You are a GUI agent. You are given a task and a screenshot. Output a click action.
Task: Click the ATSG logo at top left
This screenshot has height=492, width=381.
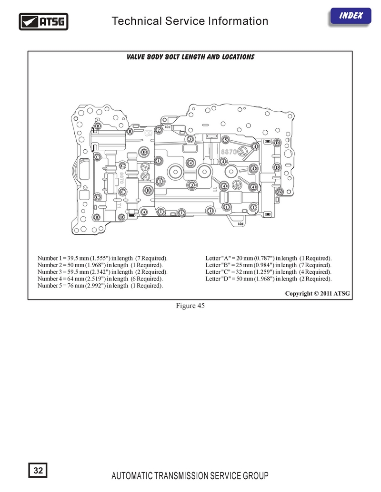tap(43, 22)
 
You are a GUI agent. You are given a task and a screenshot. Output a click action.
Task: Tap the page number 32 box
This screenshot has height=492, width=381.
tap(38, 470)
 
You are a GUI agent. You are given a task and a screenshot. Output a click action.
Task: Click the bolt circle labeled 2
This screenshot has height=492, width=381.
tap(159, 130)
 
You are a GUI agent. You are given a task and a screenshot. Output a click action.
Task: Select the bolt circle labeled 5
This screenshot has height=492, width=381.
tap(225, 140)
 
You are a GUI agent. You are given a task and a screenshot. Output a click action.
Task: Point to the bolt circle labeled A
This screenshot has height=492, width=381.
tap(144, 212)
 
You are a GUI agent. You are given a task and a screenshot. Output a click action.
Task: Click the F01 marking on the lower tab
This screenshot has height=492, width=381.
tap(241, 224)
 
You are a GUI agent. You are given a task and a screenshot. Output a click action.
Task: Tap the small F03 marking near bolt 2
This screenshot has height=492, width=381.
tap(167, 127)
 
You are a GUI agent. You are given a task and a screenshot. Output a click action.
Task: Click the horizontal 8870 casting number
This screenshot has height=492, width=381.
tap(229, 152)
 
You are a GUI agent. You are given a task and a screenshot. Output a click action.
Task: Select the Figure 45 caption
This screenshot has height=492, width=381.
tap(190, 306)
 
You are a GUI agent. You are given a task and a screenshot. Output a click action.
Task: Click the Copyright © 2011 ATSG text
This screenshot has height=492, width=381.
tap(317, 294)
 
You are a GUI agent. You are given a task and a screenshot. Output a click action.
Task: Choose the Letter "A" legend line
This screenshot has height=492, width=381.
tap(269, 258)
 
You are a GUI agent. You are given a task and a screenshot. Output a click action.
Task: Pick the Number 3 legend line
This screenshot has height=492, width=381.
tap(102, 272)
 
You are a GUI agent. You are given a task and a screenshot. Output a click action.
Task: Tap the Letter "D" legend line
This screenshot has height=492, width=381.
tap(269, 279)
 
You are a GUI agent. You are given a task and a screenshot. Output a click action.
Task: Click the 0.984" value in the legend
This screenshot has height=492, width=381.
tap(264, 265)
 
